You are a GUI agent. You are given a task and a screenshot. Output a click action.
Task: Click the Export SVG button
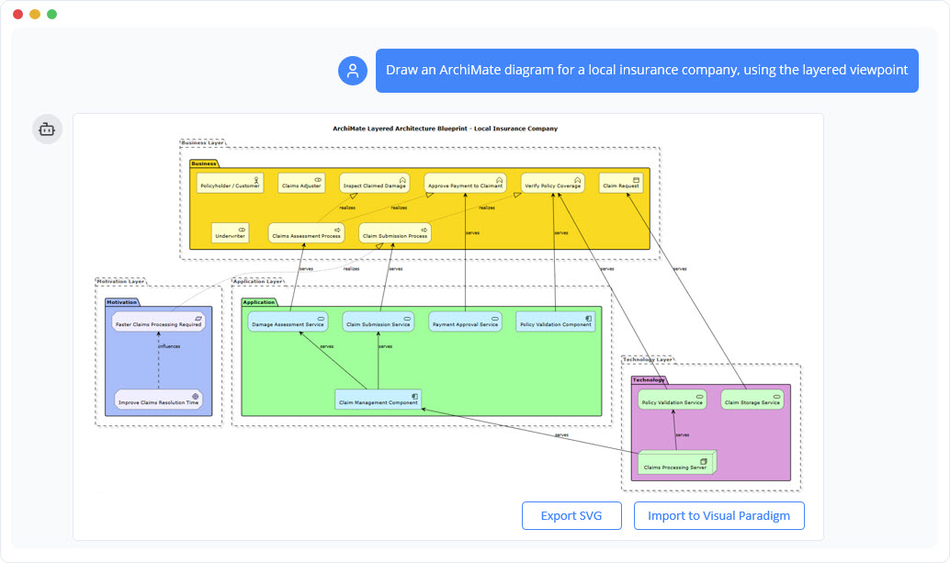pyautogui.click(x=571, y=515)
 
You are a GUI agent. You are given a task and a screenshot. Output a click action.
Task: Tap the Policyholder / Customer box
pyautogui.click(x=230, y=184)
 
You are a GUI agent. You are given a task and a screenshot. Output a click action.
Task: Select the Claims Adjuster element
pyautogui.click(x=301, y=184)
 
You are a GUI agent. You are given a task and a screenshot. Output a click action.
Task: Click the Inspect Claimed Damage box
pyautogui.click(x=374, y=184)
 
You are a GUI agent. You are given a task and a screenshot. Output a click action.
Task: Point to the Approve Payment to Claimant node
pyautogui.click(x=465, y=184)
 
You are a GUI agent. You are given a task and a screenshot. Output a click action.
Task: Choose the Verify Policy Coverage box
pyautogui.click(x=553, y=184)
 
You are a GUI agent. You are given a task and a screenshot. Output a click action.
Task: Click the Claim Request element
pyautogui.click(x=621, y=184)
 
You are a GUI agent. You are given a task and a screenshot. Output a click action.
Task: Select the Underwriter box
pyautogui.click(x=230, y=233)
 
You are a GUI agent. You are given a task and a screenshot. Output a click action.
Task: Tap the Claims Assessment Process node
pyautogui.click(x=307, y=233)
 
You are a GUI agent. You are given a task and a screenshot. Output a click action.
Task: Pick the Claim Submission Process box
pyautogui.click(x=395, y=233)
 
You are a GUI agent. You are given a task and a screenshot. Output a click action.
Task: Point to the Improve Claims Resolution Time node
pyautogui.click(x=159, y=400)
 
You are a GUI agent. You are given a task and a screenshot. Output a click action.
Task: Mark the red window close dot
pyautogui.click(x=17, y=14)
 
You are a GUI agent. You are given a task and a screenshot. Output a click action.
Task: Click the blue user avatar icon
pyautogui.click(x=353, y=71)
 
